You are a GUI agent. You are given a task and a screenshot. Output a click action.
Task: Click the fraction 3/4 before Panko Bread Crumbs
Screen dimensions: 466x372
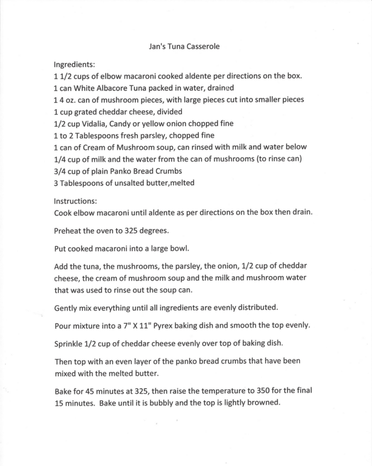tap(60, 171)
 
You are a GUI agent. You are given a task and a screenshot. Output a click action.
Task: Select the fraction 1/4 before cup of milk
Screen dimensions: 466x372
tap(60, 159)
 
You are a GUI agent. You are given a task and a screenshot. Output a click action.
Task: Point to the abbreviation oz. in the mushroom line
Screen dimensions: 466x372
tap(73, 100)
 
